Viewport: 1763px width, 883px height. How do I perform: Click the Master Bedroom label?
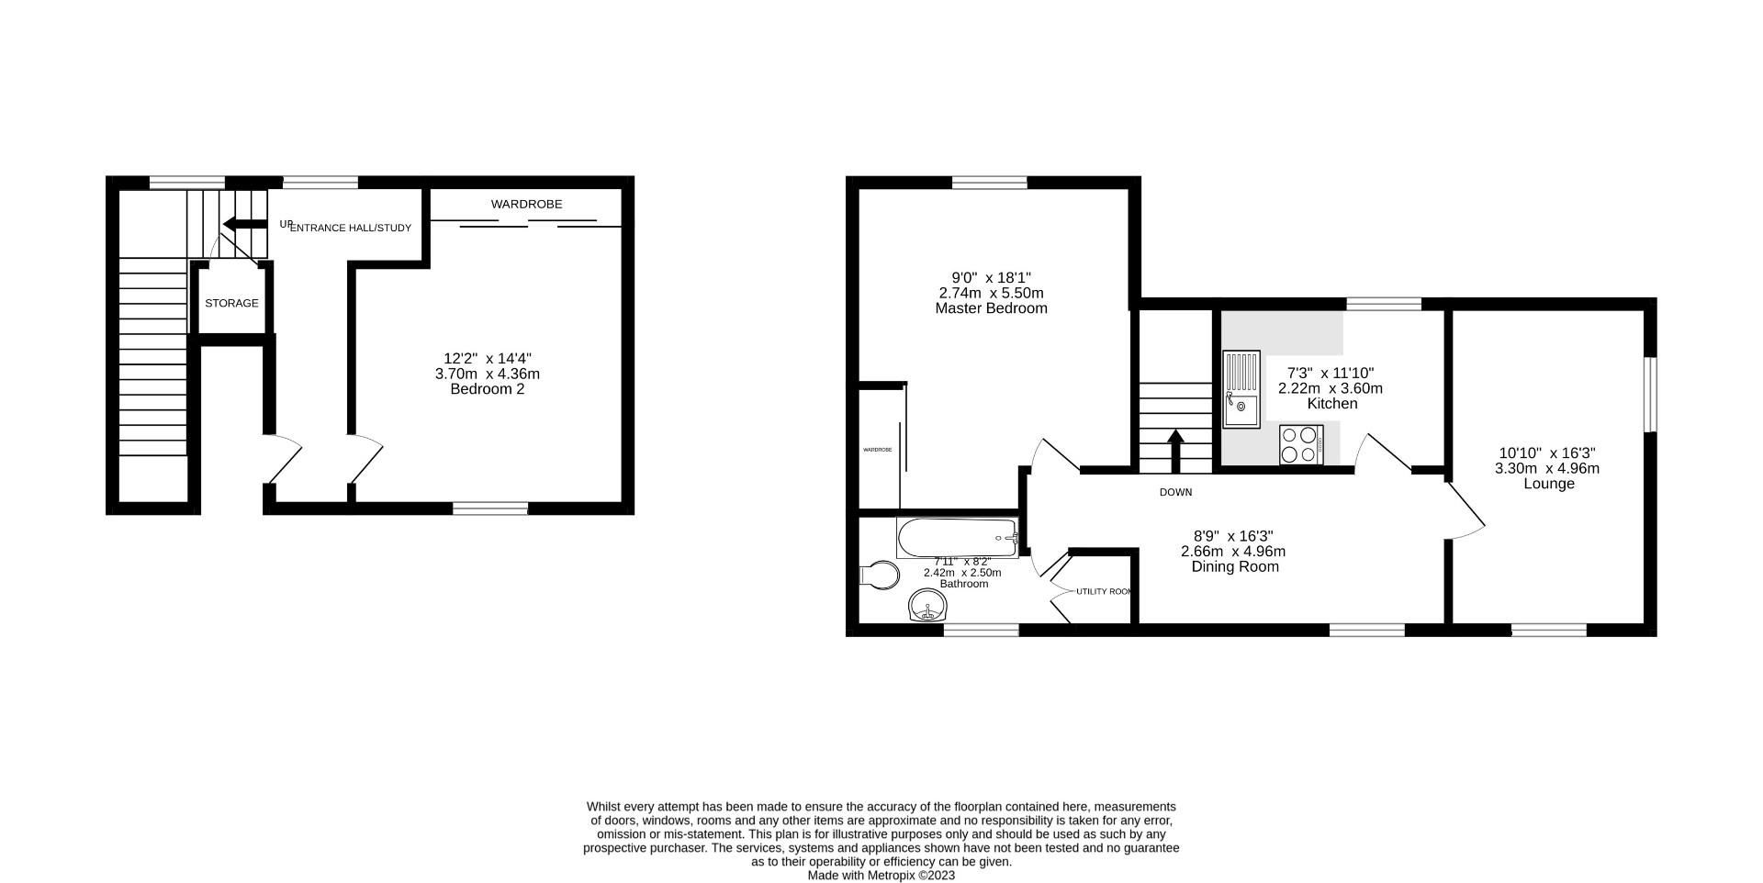[991, 308]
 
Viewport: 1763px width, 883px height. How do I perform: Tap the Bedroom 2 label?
[487, 389]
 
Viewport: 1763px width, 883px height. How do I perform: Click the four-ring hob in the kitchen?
[1300, 444]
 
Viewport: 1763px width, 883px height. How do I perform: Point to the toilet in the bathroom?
[880, 576]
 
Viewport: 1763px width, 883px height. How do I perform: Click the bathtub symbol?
[958, 537]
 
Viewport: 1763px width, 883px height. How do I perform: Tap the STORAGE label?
[231, 303]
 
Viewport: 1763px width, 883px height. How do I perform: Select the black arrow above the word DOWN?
[1175, 448]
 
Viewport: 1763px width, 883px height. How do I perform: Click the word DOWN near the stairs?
[1175, 493]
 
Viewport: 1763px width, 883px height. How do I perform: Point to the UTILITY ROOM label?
[1104, 592]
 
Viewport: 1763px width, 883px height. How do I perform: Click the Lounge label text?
[1549, 484]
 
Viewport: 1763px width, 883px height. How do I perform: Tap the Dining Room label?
[1234, 567]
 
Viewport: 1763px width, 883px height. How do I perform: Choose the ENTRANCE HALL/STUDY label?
[350, 228]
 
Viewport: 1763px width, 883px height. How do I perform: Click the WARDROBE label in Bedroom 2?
[526, 204]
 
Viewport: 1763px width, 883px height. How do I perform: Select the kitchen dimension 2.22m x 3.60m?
[1330, 388]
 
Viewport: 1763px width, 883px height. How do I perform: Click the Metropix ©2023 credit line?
[881, 876]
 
